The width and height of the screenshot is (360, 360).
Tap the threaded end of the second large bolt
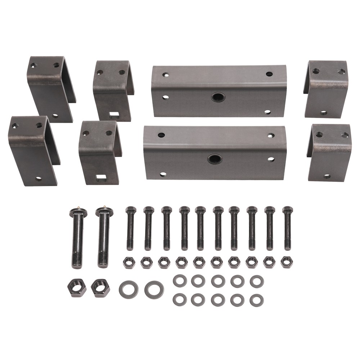pos(103,259)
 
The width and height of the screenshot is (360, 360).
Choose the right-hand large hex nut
pos(100,287)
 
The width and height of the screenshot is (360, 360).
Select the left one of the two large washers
pos(129,289)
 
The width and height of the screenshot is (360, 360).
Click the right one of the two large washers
pos(154,289)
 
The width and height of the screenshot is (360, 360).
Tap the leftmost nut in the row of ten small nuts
pos(129,262)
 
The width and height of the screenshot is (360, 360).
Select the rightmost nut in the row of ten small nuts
pos(286,262)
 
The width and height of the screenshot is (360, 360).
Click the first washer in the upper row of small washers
pos(180,281)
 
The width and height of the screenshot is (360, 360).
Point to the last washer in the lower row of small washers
pos(256,300)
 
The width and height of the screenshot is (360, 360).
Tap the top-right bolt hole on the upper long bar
pos(269,74)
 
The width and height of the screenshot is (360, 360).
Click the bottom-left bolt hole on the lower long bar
pos(163,174)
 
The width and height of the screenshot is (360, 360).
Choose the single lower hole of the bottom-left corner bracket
pos(39,179)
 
